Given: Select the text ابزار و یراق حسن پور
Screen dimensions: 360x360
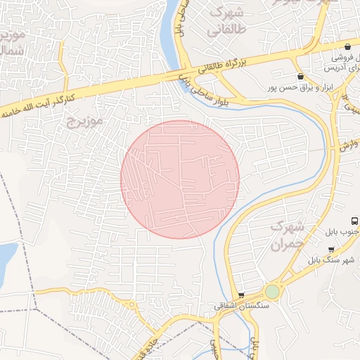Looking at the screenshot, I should click(x=289, y=88).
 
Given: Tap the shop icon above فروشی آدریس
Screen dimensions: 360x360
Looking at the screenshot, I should click(x=347, y=44).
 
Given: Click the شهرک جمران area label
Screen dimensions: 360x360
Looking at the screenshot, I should click(x=288, y=236).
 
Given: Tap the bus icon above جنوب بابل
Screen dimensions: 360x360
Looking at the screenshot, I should click(x=354, y=219).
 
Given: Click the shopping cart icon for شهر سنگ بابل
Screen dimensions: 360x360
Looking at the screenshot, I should click(x=331, y=248).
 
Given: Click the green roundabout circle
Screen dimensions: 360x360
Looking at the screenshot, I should click(x=272, y=291).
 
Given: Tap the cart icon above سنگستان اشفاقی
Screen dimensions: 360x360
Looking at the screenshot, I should click(x=241, y=295).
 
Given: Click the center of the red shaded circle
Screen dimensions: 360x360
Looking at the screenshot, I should click(x=180, y=179).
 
